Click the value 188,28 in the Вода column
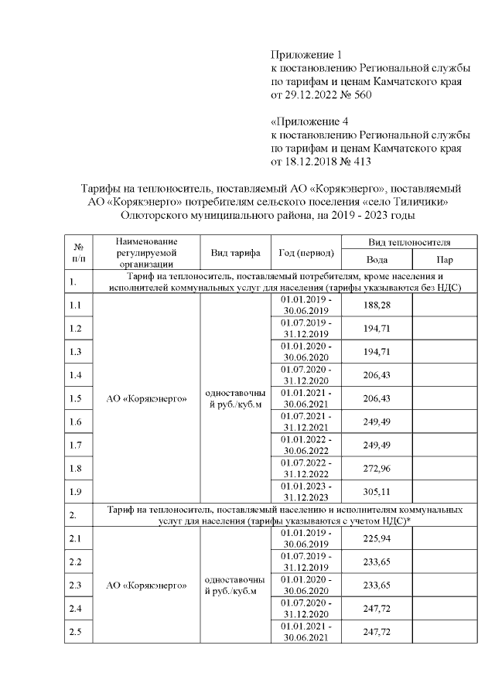(x=377, y=306)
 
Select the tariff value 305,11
(x=377, y=492)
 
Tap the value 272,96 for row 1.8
(x=377, y=469)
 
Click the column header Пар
(x=445, y=261)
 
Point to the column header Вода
(x=377, y=261)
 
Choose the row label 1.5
(x=76, y=399)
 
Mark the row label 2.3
(x=76, y=585)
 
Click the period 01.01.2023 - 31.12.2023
(x=306, y=492)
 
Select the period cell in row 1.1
(x=306, y=306)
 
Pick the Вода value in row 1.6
(x=377, y=422)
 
